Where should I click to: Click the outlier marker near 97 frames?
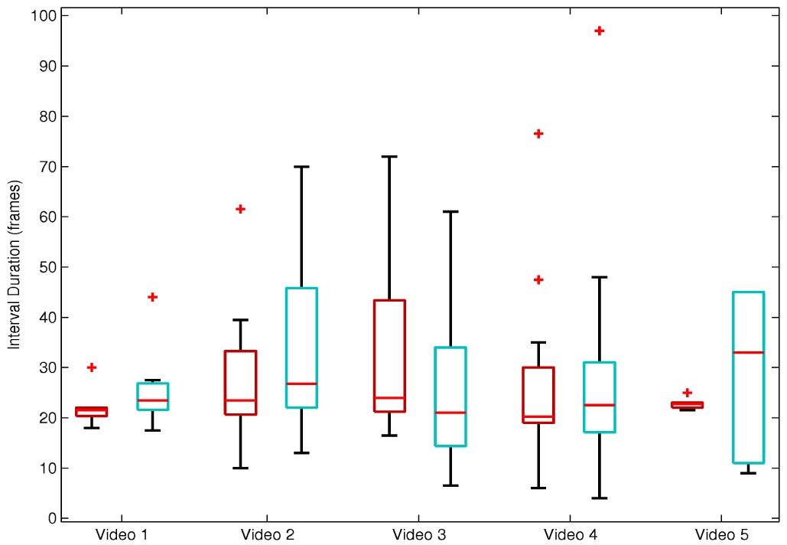[600, 31]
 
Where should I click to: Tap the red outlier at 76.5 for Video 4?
[538, 133]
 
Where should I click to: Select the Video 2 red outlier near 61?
[240, 209]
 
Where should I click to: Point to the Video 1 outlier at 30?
[92, 367]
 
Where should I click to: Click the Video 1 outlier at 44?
[152, 297]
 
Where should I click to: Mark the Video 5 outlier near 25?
[687, 393]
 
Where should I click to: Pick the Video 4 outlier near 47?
[538, 279]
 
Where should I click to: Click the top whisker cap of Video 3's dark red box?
[389, 156]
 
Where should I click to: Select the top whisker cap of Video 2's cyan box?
[301, 166]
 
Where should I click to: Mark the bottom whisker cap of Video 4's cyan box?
[600, 498]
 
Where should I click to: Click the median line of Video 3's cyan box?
[450, 413]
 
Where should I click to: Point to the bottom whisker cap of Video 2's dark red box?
[240, 468]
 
